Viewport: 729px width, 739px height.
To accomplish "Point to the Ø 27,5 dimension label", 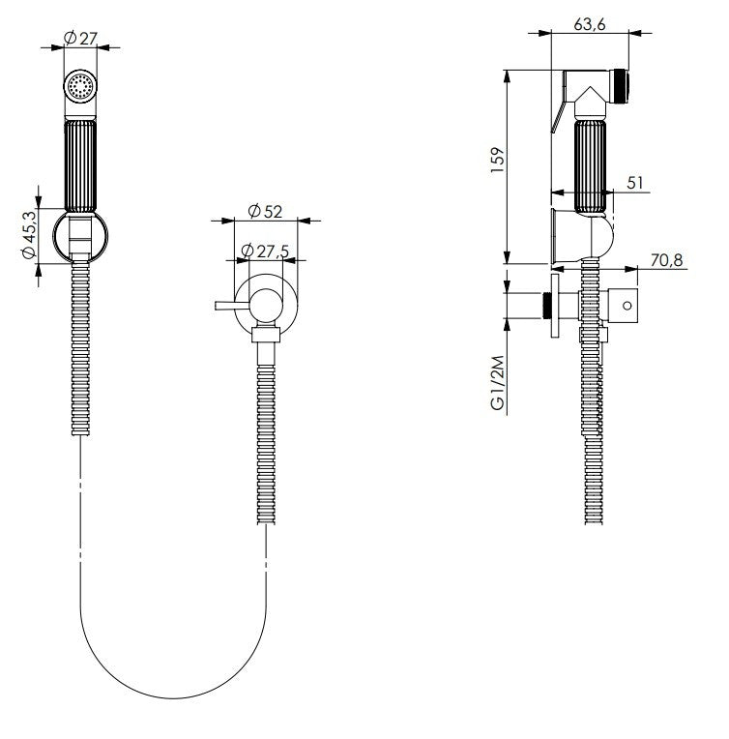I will (265, 251).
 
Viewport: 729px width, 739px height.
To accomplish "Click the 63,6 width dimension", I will (590, 24).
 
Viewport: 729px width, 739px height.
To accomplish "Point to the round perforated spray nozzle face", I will (79, 87).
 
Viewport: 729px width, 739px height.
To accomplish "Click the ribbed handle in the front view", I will (79, 164).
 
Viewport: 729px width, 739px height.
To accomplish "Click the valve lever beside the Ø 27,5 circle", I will (230, 307).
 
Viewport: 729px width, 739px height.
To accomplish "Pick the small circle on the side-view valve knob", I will (627, 306).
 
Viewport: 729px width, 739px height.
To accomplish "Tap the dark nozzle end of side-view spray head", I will (623, 84).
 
